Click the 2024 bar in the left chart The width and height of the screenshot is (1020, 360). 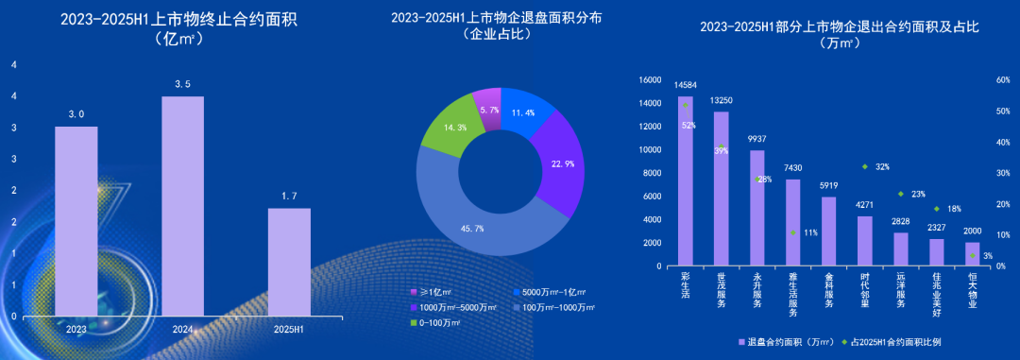(x=182, y=205)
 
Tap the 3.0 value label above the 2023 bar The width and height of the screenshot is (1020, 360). (x=76, y=114)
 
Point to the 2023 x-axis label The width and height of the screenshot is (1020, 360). (x=76, y=329)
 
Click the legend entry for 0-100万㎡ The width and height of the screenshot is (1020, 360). (x=436, y=323)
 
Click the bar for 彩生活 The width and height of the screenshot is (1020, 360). (x=686, y=180)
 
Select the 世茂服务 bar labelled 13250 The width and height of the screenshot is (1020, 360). (x=721, y=188)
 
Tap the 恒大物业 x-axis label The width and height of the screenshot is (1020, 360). (x=972, y=292)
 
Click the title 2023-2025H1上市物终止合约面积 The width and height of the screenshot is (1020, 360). (x=178, y=19)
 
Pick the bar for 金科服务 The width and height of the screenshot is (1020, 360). (x=828, y=231)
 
